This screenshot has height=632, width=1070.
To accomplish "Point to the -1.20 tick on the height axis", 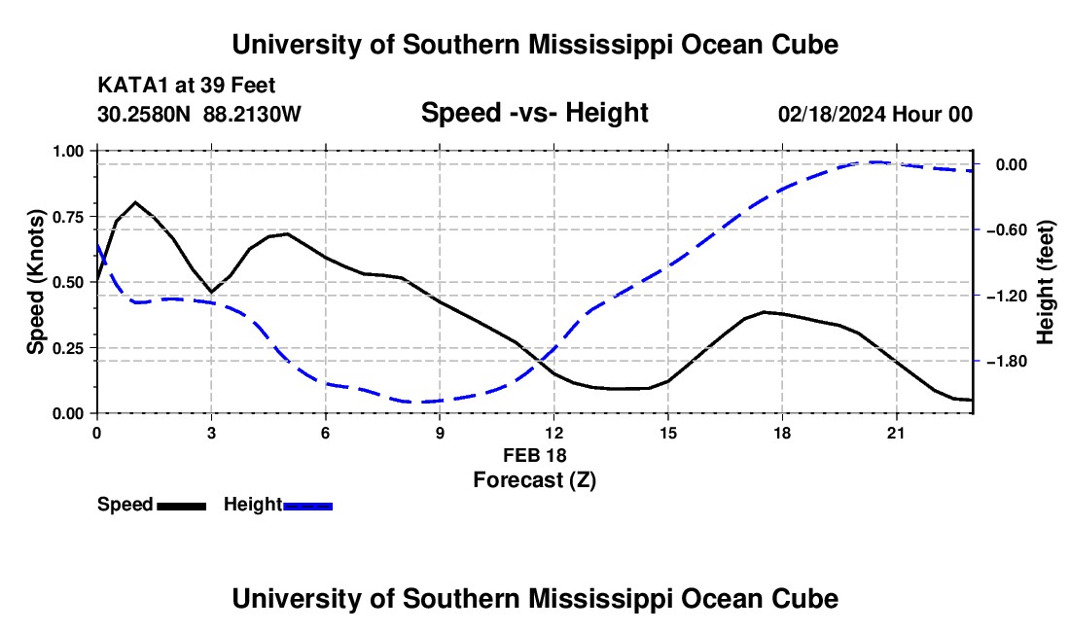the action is (1008, 296).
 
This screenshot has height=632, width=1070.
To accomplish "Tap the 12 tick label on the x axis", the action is (554, 433).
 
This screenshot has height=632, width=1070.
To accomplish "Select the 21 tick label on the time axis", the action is (896, 433).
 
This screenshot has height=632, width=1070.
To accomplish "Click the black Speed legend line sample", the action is (181, 506).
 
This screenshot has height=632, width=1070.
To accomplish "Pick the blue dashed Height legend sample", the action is (307, 506).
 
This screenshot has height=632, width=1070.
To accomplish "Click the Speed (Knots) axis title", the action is (35, 282).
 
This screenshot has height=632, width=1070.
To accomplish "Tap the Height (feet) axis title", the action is (1045, 282).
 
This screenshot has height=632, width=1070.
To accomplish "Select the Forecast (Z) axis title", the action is (534, 480).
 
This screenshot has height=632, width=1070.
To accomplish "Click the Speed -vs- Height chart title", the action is (534, 113).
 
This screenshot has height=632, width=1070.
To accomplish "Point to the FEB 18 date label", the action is (534, 455).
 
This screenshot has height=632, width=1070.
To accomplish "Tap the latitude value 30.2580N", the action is (144, 114).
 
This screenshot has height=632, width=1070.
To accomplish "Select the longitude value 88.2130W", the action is (252, 114).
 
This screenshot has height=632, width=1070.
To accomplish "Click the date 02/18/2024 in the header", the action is (832, 114).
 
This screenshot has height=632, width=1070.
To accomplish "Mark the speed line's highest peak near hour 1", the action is (136, 202).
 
